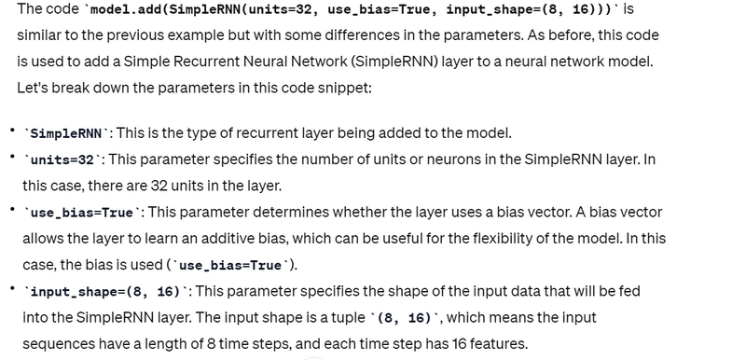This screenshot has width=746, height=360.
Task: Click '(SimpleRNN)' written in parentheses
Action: pyautogui.click(x=393, y=62)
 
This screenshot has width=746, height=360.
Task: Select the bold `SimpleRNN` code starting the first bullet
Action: pyautogui.click(x=65, y=134)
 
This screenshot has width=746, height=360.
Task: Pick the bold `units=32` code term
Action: pyautogui.click(x=62, y=160)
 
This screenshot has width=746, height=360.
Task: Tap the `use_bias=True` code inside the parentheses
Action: pyautogui.click(x=230, y=266)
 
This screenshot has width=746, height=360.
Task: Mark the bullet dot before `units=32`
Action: pyautogui.click(x=13, y=157)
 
